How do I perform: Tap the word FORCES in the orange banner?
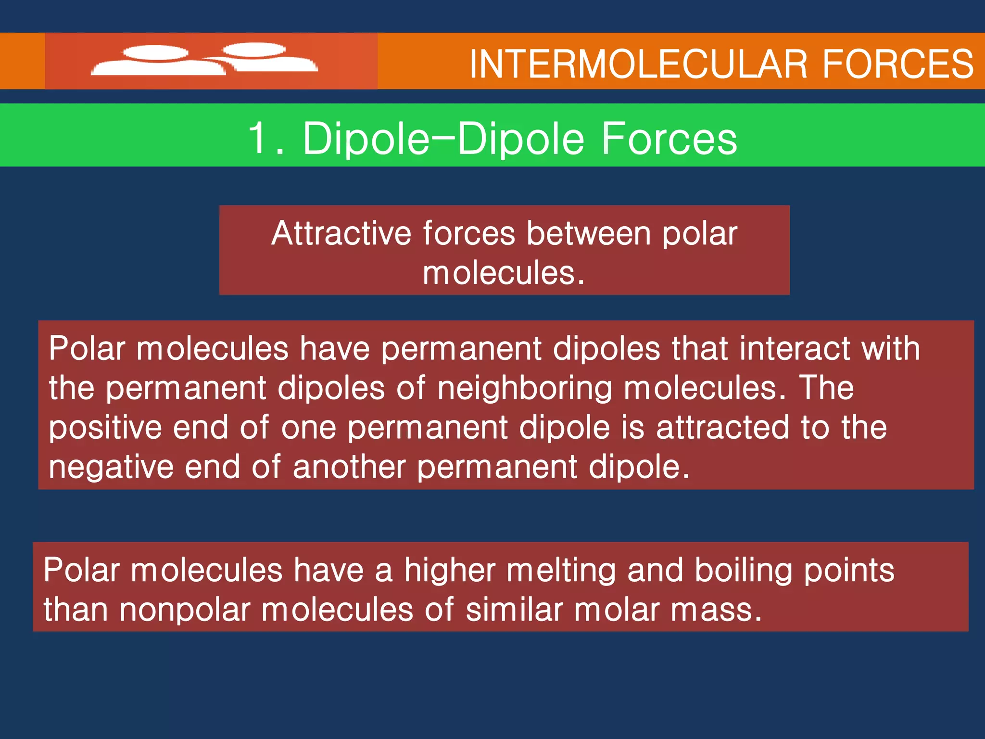point(898,64)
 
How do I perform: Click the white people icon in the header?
point(204,60)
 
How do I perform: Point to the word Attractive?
point(341,233)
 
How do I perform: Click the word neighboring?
point(525,388)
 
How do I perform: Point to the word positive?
point(105,428)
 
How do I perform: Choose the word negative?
point(111,467)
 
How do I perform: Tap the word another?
point(349,467)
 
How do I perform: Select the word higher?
point(449,570)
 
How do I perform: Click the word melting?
point(561,570)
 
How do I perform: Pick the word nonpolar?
point(185,610)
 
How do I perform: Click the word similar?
point(514,610)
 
